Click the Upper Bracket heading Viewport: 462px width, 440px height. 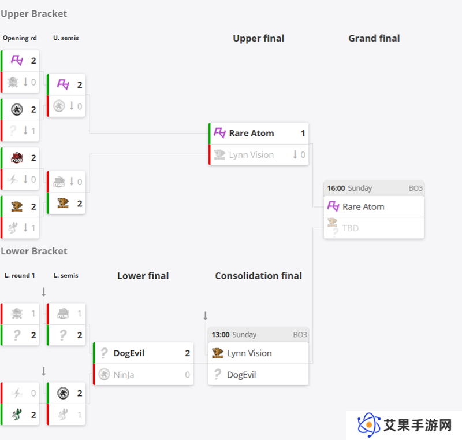34,14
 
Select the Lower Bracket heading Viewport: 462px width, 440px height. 34,252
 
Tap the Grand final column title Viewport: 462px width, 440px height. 374,38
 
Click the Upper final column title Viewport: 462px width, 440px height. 258,38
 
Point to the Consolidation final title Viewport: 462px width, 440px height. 258,276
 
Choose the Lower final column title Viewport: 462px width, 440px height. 143,276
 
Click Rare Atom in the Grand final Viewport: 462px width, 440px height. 363,207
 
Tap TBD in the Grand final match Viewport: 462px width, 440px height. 351,228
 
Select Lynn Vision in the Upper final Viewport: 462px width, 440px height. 251,155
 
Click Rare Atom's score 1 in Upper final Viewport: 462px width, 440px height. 303,134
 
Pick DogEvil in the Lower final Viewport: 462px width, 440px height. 129,353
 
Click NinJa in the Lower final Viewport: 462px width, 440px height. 124,375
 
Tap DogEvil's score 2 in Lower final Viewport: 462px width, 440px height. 187,353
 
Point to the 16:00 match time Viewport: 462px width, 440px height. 336,188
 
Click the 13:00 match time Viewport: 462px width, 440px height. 221,335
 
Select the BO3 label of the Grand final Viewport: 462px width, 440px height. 415,188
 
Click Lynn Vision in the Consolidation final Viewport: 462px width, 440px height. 249,353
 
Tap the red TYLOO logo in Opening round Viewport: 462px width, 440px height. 17,158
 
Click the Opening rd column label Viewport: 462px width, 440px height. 20,38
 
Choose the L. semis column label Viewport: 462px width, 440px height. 66,275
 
